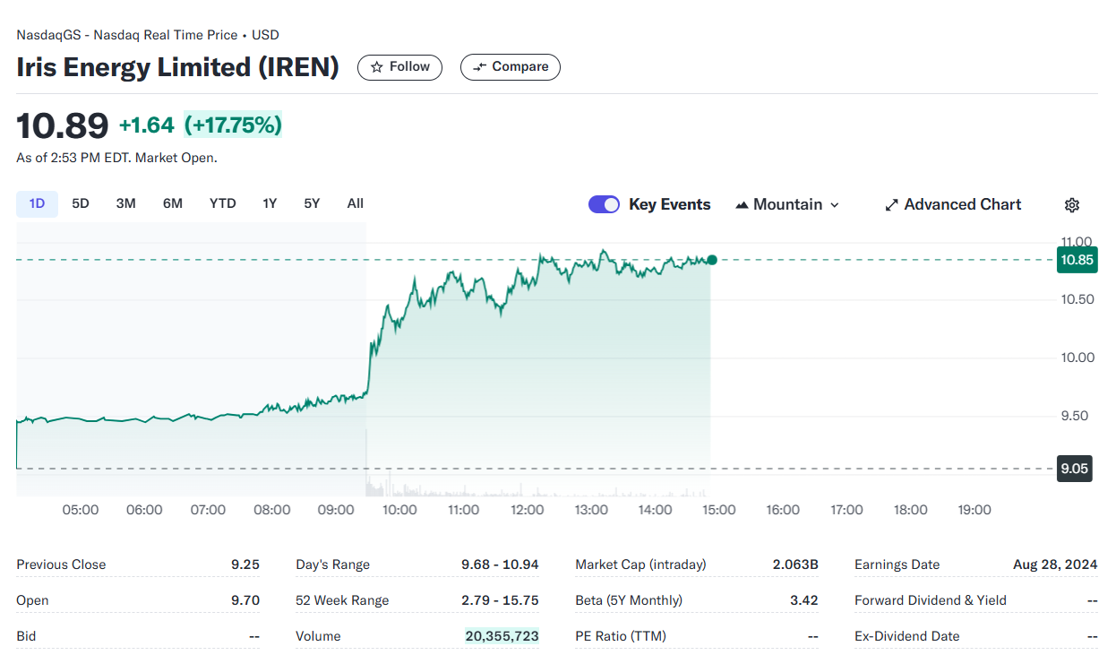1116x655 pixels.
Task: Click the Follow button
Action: point(399,67)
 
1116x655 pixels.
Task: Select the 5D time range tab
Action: point(81,203)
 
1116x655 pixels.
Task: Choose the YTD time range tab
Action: point(222,203)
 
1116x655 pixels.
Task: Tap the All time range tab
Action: point(355,203)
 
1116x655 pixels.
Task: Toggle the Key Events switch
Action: point(604,204)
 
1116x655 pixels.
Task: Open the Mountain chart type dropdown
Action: point(787,204)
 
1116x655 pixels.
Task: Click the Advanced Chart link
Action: point(953,204)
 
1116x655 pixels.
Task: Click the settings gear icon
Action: point(1072,205)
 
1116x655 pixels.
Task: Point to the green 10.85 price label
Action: point(1076,260)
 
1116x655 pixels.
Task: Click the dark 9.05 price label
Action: point(1074,469)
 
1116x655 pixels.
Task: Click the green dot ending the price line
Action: point(712,260)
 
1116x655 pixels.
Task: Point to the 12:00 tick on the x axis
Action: point(528,510)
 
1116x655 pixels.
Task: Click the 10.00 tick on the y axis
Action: point(1077,358)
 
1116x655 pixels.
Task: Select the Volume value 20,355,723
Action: point(502,636)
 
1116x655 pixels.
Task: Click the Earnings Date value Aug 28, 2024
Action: point(1055,565)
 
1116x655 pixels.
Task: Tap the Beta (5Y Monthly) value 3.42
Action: point(803,600)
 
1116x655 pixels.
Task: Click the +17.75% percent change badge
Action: point(233,125)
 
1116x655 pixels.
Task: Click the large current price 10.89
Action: point(63,125)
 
